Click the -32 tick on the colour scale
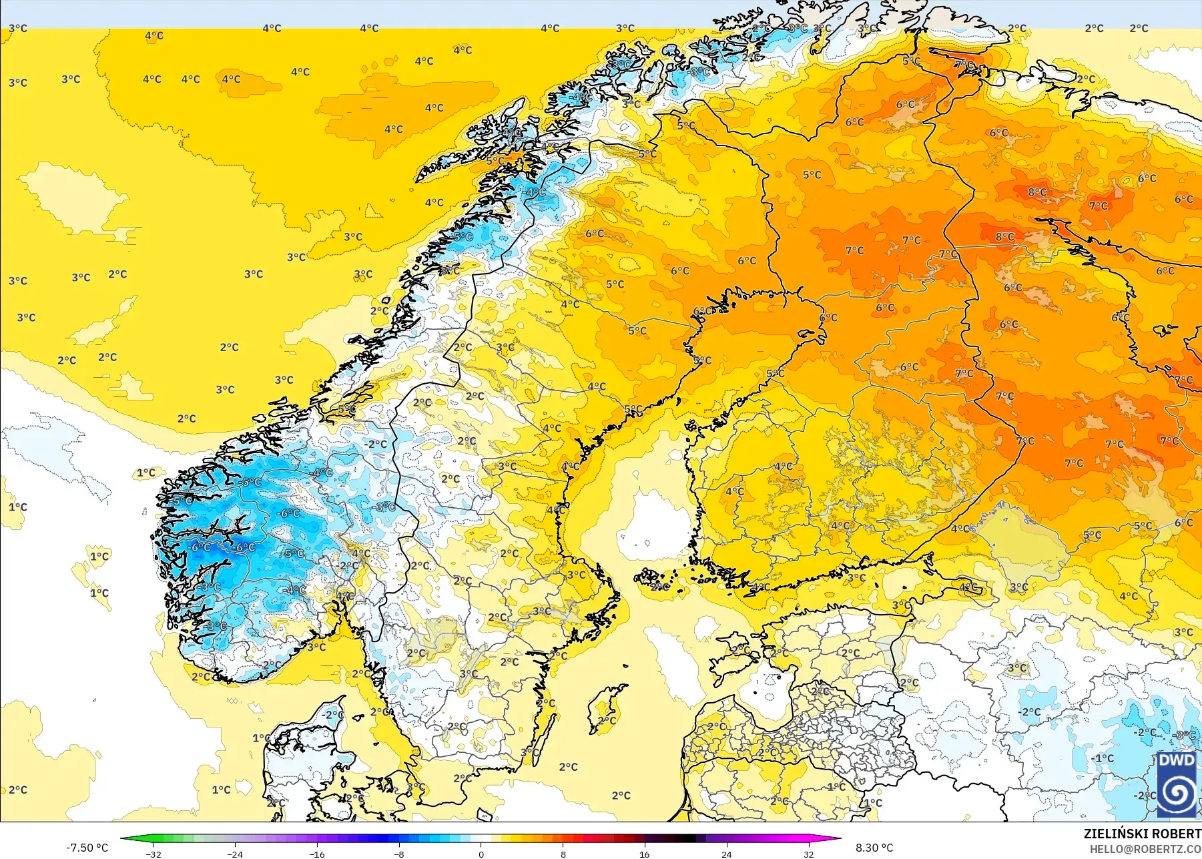[154, 854]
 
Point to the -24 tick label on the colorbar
[235, 854]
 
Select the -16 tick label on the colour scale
[317, 854]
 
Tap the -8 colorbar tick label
[399, 854]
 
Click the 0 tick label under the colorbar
[481, 854]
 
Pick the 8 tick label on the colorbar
[563, 854]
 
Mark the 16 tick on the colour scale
[645, 854]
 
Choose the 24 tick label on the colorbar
[727, 854]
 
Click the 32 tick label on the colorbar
[809, 854]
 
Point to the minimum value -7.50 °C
[87, 848]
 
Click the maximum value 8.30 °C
[874, 848]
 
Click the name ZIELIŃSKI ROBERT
[1142, 834]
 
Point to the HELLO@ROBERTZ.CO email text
[1145, 849]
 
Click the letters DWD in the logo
[1177, 761]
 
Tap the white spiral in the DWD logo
[1177, 793]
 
